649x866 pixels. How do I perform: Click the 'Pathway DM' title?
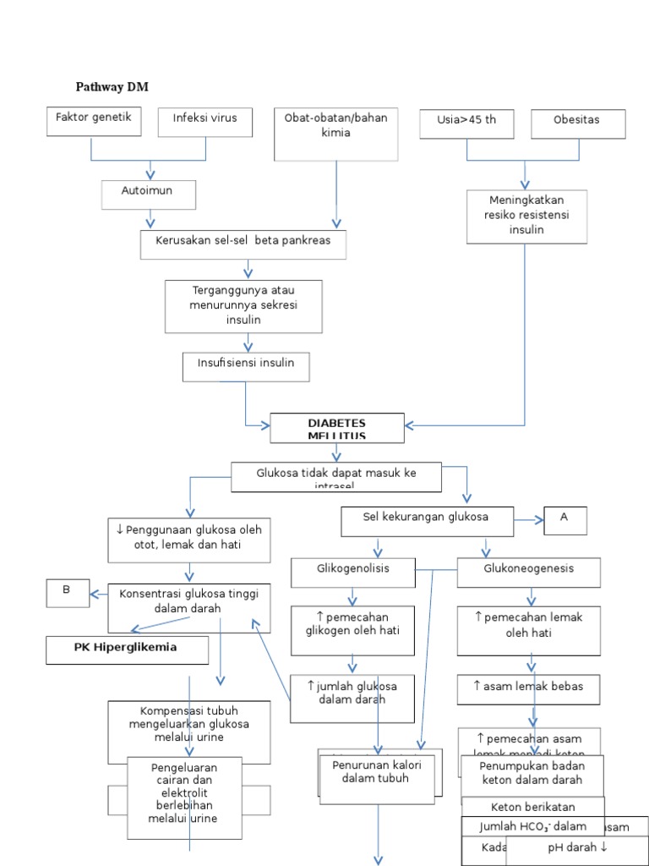coord(112,87)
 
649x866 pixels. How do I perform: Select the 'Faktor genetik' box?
coord(94,120)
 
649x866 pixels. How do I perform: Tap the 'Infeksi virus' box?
coord(205,121)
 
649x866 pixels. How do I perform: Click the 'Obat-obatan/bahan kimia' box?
coord(335,134)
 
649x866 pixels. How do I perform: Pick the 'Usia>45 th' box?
coord(466,123)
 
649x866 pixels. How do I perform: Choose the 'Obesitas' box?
coord(578,123)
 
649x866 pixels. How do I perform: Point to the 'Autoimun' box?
coord(148,194)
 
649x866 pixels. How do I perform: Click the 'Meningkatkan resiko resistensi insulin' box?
coord(526,216)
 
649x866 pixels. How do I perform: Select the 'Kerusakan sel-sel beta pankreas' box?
coord(243,244)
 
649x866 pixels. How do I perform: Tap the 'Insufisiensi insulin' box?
coord(246,366)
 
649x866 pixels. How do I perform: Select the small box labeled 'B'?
coord(67,594)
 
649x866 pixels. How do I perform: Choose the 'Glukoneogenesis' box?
coord(528,573)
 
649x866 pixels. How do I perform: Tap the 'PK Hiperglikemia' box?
coord(127,650)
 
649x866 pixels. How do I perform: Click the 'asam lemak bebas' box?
coord(528,689)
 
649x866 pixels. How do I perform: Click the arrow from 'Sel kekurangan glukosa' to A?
coord(528,521)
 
